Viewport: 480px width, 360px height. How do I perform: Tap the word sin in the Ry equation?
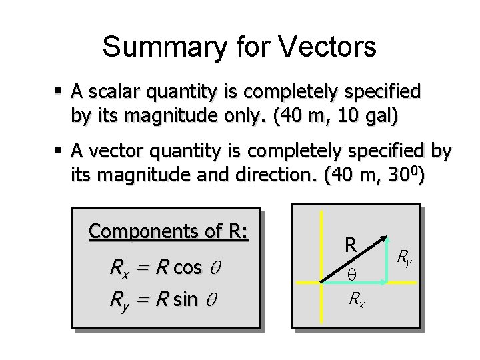pos(185,300)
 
